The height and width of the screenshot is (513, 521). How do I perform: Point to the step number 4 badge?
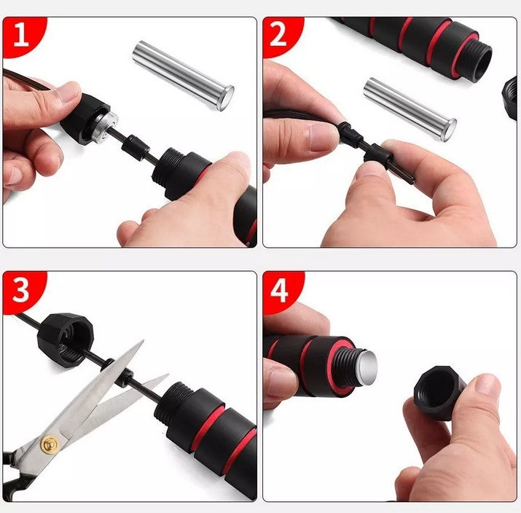point(281,291)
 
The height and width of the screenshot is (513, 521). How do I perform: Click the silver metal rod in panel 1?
point(183,75)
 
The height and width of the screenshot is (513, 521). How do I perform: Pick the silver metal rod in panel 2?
point(410,109)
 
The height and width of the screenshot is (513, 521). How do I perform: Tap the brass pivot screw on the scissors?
point(50,444)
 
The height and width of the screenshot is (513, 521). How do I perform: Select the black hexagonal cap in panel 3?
point(65,340)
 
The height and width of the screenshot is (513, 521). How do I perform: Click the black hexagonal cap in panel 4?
point(438,392)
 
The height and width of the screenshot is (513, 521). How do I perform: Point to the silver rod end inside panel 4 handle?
point(367,368)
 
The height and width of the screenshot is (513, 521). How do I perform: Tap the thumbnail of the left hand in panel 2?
point(322,136)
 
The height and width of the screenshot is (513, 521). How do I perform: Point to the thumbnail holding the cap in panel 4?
point(487,385)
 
